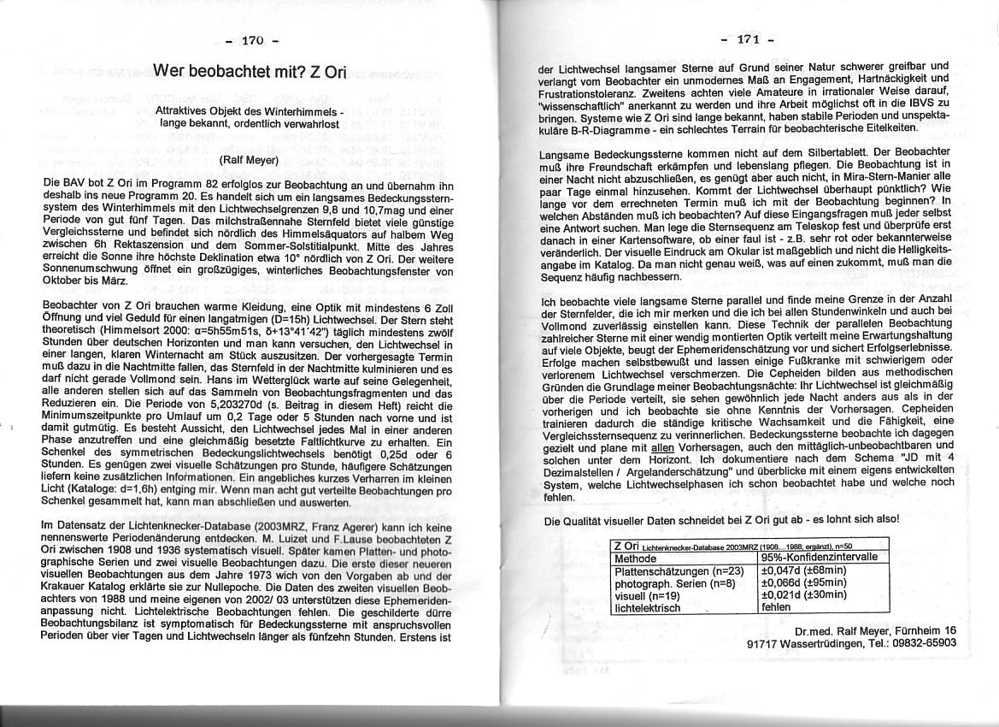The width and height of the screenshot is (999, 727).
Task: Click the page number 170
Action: click(253, 40)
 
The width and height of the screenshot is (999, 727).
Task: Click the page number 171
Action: click(748, 39)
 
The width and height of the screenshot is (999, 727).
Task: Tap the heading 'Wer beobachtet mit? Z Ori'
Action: click(250, 71)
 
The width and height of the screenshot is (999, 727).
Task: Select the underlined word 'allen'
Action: click(663, 447)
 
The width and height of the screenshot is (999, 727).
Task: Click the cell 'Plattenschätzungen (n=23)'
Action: click(680, 570)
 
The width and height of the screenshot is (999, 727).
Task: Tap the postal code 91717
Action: click(761, 644)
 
